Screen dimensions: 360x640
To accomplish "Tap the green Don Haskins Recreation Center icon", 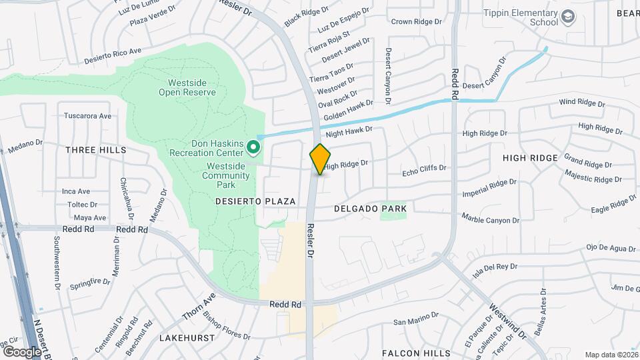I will [253, 146].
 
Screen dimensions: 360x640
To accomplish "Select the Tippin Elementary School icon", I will [568, 17].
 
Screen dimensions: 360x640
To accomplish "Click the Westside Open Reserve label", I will [187, 87].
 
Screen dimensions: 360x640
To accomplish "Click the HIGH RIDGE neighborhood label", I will [530, 157].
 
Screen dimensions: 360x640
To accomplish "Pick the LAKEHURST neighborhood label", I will [187, 338].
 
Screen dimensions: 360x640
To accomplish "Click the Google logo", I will [21, 351].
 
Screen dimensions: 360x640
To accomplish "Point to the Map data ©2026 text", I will [611, 355].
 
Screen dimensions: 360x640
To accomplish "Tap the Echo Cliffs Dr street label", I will [424, 172].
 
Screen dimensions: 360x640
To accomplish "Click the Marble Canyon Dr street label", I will [490, 220].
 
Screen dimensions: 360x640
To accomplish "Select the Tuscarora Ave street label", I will [87, 115].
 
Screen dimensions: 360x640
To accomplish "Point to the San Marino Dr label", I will [417, 323].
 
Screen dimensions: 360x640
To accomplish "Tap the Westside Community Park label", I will [228, 171].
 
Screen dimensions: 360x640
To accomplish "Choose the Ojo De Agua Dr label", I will [611, 248].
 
